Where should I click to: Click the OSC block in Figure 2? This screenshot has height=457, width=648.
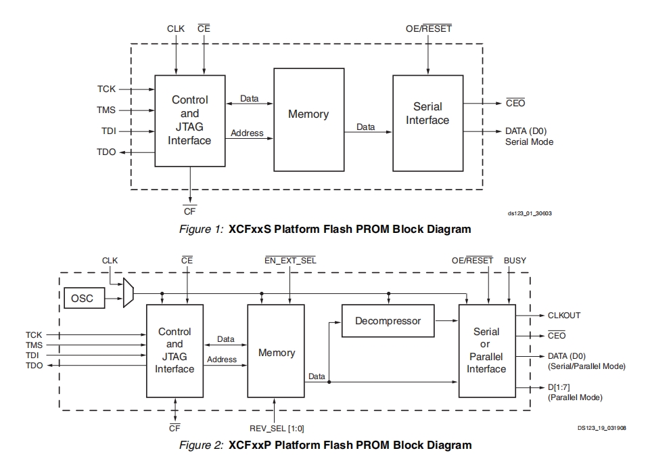click(x=85, y=298)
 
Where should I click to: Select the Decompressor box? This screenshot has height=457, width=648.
click(x=388, y=321)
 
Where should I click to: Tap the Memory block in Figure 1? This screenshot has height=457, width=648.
click(x=308, y=120)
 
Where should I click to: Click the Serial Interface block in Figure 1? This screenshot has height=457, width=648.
click(x=427, y=123)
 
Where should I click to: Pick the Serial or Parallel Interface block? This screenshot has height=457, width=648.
click(x=487, y=351)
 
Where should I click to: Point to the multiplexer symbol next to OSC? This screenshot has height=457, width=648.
click(x=129, y=292)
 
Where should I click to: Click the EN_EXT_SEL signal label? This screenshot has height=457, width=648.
click(x=290, y=261)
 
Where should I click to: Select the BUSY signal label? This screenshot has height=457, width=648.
click(x=515, y=261)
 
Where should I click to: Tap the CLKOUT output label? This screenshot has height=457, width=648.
click(x=564, y=315)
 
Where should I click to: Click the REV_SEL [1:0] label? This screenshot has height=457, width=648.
click(x=277, y=429)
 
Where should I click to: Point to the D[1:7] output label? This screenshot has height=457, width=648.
click(x=559, y=387)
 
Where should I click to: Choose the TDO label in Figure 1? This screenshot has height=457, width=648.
click(x=106, y=152)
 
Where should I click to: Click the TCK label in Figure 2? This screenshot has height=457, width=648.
click(x=34, y=334)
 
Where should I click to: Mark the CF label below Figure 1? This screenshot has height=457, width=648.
click(x=189, y=211)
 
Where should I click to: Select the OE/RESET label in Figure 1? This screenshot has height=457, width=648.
click(x=429, y=28)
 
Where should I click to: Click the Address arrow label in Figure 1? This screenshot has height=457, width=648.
click(x=247, y=133)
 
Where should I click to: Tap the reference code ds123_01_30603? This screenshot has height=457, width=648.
click(x=530, y=213)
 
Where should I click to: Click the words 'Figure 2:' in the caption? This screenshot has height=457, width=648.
click(x=202, y=445)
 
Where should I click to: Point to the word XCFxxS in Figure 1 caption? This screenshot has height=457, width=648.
click(x=250, y=229)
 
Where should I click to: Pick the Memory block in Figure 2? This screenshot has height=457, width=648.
click(x=276, y=351)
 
